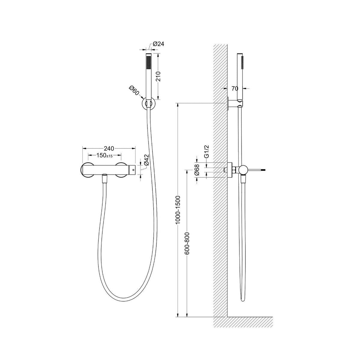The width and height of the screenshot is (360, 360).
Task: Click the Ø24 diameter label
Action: (158, 44)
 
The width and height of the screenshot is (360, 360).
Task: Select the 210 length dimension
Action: (158, 76)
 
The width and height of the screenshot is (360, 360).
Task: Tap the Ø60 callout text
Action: (134, 90)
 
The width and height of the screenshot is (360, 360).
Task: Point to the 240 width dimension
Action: (109, 148)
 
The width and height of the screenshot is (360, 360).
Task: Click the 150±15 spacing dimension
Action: (104, 155)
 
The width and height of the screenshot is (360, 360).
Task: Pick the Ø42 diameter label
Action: (146, 160)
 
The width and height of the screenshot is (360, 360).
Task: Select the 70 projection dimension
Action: (235, 89)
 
